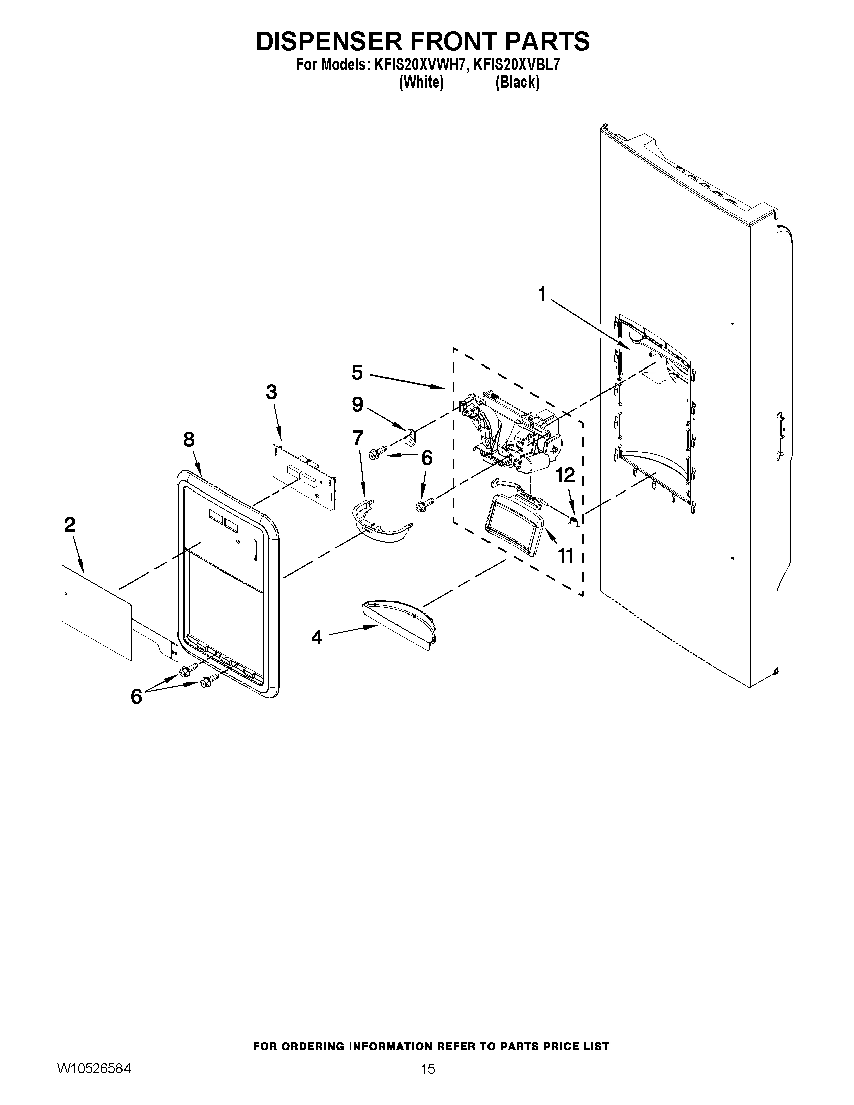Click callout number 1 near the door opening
(x=542, y=294)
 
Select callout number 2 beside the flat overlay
(x=70, y=525)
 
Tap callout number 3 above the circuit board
(x=271, y=392)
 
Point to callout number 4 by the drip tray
(x=317, y=638)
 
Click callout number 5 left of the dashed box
(x=357, y=373)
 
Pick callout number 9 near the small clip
(x=357, y=404)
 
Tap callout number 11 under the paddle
(x=566, y=556)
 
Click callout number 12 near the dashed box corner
(x=566, y=475)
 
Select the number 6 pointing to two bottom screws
(x=136, y=697)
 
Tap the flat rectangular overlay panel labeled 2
(x=96, y=612)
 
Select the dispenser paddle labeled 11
(x=514, y=526)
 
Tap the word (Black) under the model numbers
(x=517, y=82)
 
